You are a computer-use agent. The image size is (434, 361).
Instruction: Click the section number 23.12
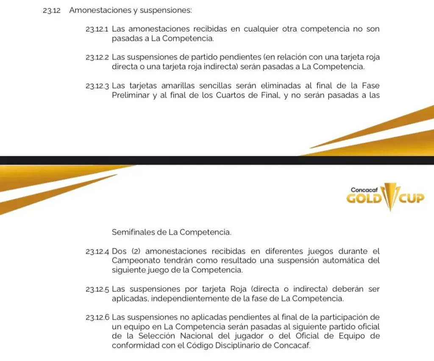[51, 11]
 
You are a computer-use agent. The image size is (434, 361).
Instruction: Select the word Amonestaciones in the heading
[99, 11]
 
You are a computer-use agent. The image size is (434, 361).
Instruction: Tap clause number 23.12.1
[97, 30]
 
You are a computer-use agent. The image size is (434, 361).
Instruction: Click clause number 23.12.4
[97, 252]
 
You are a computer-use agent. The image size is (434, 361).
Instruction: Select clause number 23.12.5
[97, 290]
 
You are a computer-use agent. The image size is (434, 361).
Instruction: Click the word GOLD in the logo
[364, 198]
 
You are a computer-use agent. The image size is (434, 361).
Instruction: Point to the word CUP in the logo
[410, 198]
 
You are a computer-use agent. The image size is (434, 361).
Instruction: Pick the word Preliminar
[130, 95]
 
